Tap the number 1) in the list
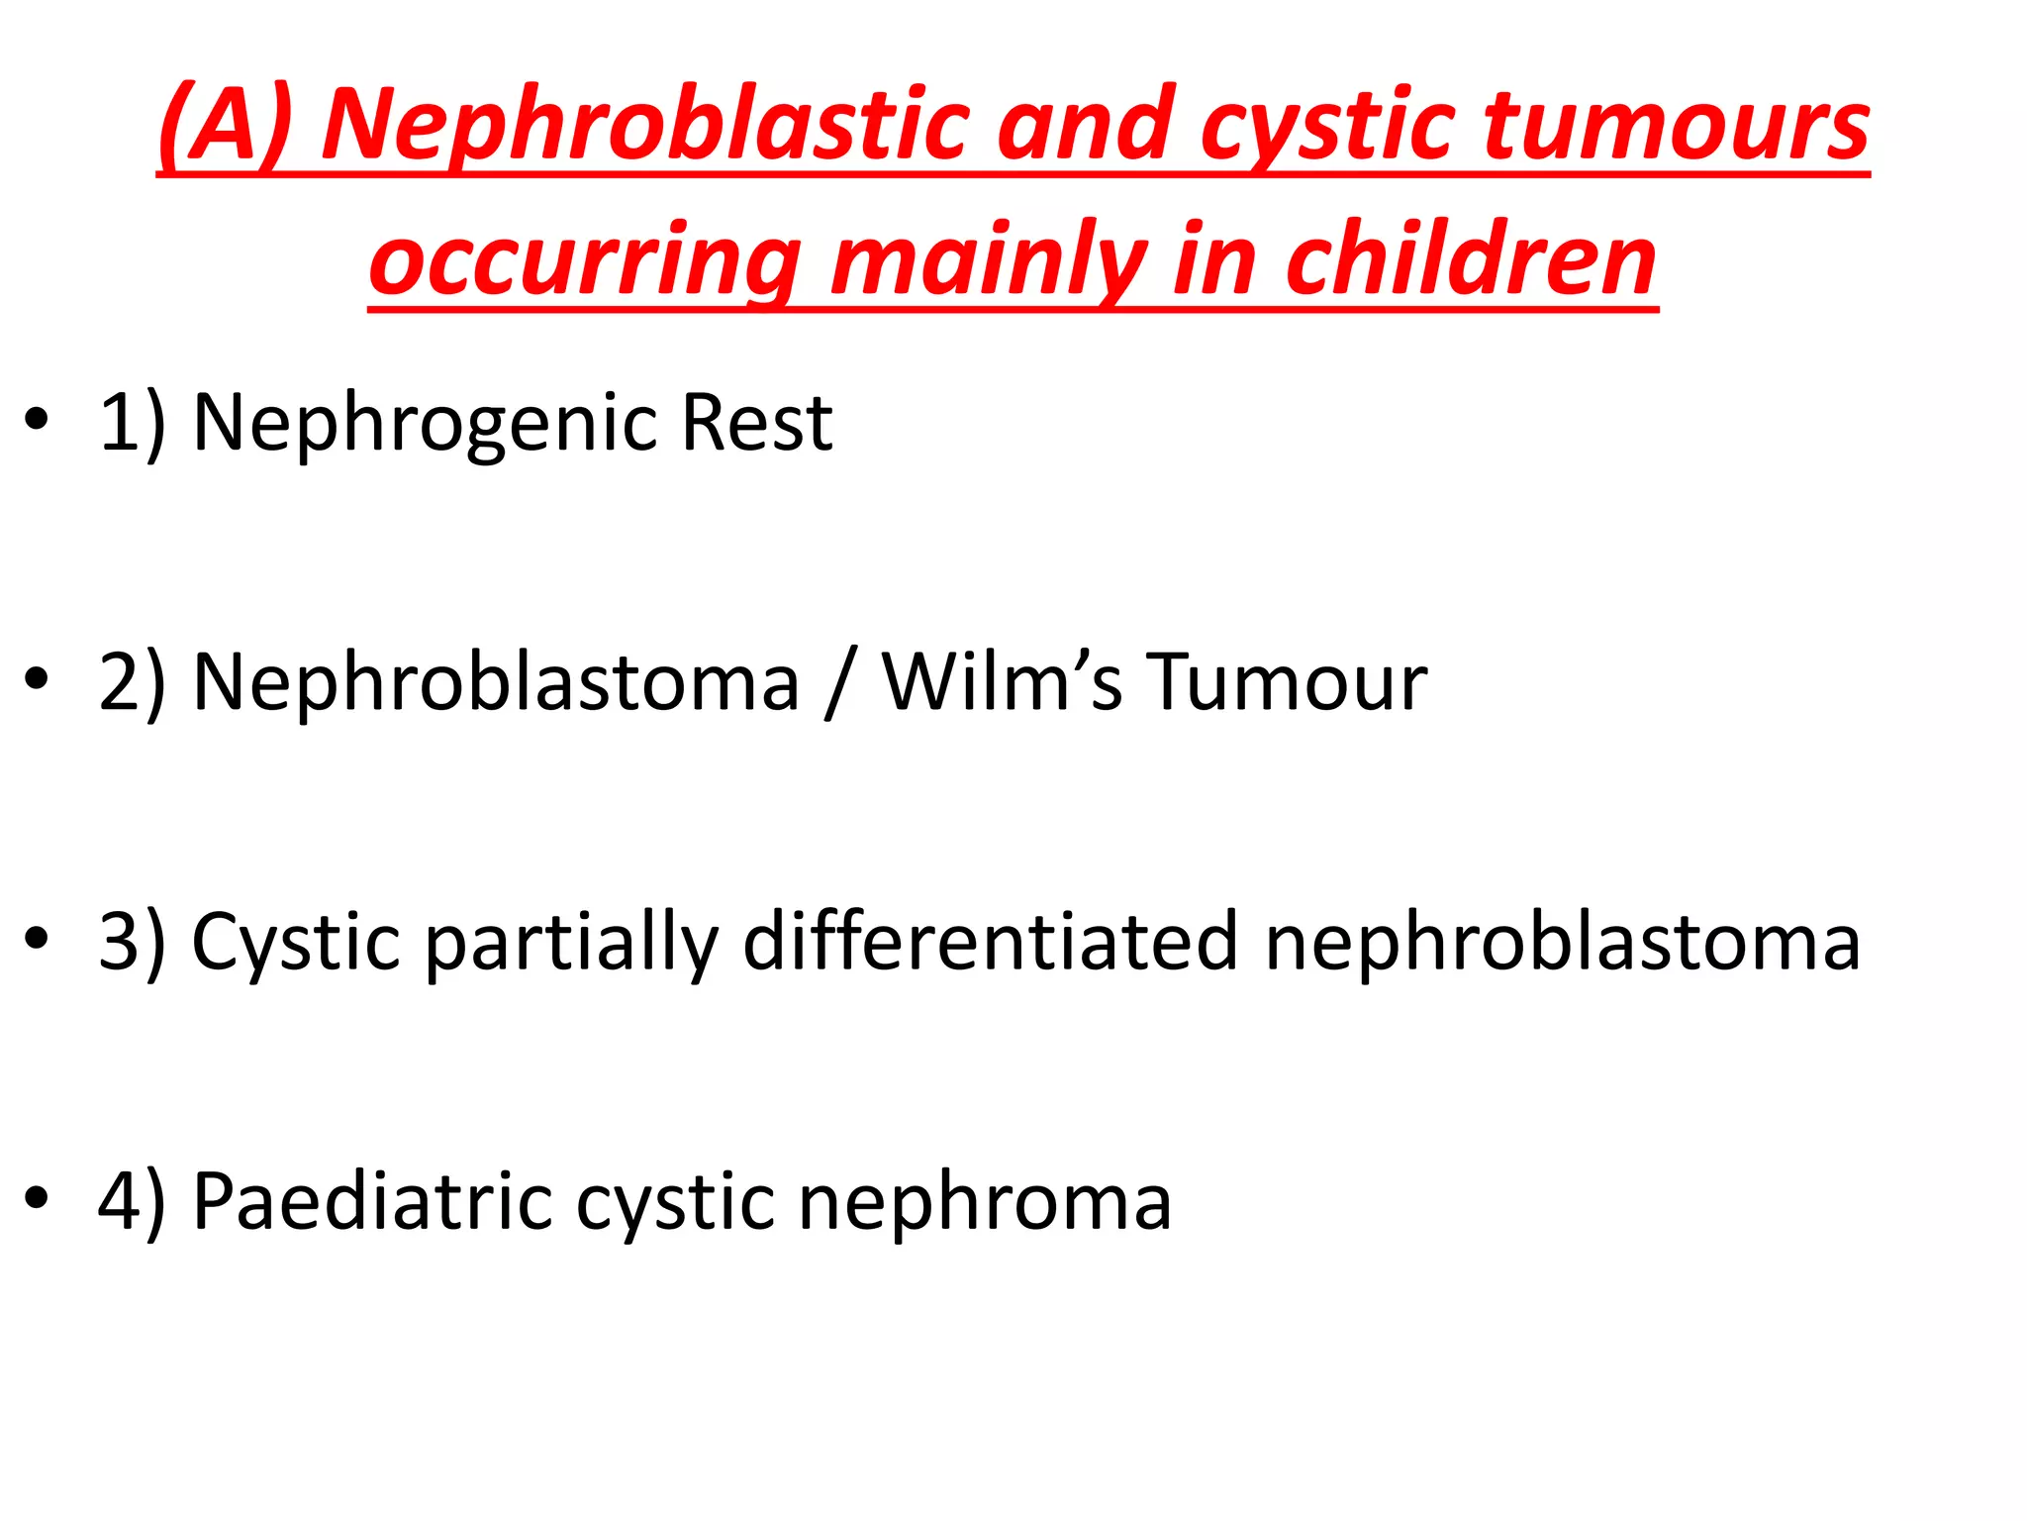pyautogui.click(x=133, y=423)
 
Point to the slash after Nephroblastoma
pyautogui.click(x=837, y=682)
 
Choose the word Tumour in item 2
pyautogui.click(x=1287, y=682)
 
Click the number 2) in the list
pyautogui.click(x=133, y=682)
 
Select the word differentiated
pyautogui.click(x=990, y=942)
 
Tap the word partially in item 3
pyautogui.click(x=572, y=942)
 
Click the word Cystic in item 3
pyautogui.click(x=295, y=942)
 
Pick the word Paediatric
pyautogui.click(x=372, y=1201)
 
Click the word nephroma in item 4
pyautogui.click(x=985, y=1201)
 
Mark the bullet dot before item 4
pyautogui.click(x=37, y=1198)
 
